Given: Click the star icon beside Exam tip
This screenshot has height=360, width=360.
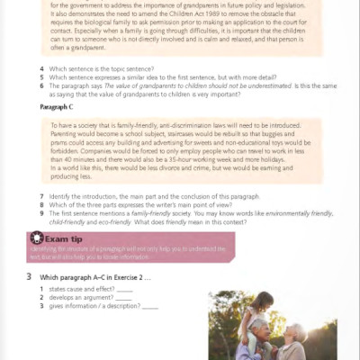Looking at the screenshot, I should [37, 238].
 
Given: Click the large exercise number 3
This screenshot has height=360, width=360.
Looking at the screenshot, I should [30, 276].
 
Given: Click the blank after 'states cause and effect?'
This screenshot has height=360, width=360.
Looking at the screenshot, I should [125, 290].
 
